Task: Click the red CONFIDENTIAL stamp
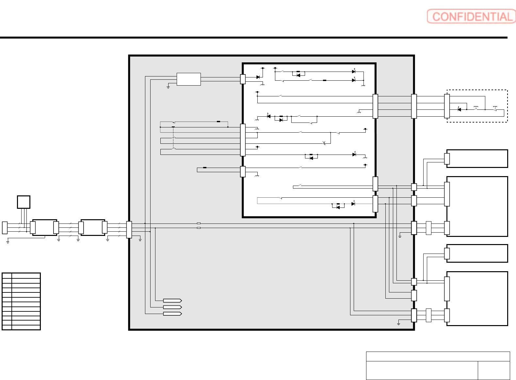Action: click(471, 16)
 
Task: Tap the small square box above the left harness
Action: click(24, 202)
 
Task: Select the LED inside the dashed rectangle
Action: click(459, 109)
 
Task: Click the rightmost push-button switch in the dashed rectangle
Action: click(495, 108)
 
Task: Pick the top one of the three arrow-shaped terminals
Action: click(172, 301)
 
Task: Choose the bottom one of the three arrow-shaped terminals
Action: click(172, 314)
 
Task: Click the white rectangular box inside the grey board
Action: click(189, 79)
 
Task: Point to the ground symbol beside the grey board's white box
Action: click(168, 87)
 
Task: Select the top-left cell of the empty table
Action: click(7, 276)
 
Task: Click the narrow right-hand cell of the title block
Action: click(494, 371)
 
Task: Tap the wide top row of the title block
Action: click(438, 356)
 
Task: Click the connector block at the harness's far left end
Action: click(5, 228)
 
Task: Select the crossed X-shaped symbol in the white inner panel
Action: click(324, 143)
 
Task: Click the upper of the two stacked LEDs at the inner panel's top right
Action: click(354, 72)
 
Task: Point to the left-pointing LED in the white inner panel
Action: click(268, 116)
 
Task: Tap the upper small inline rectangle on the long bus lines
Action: click(199, 223)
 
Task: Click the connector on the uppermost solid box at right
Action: click(447, 158)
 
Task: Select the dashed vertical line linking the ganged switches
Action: click(173, 138)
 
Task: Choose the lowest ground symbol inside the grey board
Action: click(398, 324)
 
